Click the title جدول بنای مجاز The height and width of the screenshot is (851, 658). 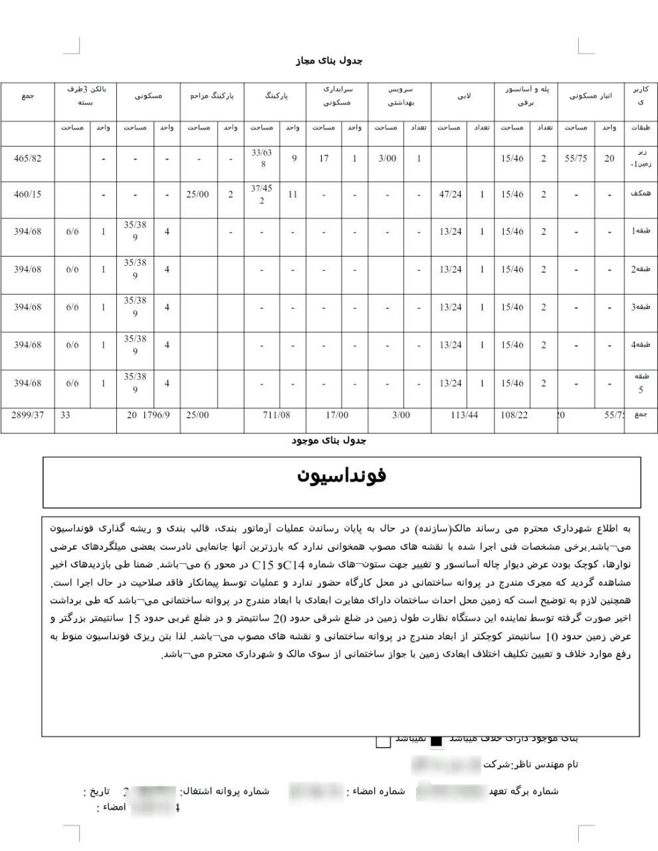(x=329, y=61)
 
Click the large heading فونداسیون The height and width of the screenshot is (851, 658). (x=342, y=476)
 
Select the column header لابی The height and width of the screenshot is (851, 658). (x=463, y=96)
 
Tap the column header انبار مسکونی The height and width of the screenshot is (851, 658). (x=590, y=96)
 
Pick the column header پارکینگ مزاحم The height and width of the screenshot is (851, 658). (x=212, y=96)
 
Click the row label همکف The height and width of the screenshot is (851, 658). (x=640, y=194)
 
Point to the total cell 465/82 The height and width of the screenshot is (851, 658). (x=27, y=158)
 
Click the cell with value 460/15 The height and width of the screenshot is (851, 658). (x=27, y=194)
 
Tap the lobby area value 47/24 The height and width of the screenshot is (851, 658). (x=450, y=194)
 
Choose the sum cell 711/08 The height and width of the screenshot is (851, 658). (x=276, y=415)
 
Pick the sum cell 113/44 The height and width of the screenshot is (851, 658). (x=463, y=415)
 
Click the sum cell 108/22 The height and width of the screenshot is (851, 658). (x=514, y=415)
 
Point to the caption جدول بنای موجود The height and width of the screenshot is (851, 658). (x=329, y=440)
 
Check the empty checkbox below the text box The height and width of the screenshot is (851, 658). (x=383, y=741)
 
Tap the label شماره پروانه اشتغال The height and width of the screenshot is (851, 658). (x=225, y=791)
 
